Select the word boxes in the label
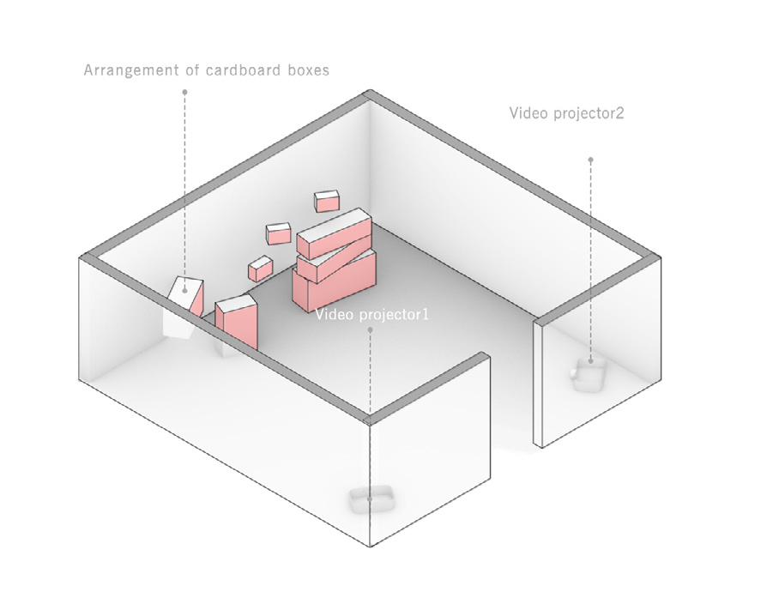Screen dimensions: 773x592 [x=308, y=70]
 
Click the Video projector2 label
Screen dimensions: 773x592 [x=566, y=113]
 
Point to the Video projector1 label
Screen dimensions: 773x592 [x=371, y=315]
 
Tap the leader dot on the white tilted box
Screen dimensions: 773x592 [x=184, y=290]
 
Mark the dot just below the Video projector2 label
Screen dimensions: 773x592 [x=590, y=159]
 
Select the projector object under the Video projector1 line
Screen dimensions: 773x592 [x=370, y=498]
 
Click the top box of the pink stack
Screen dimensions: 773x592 [x=335, y=233]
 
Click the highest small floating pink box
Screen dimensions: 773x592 [x=327, y=201]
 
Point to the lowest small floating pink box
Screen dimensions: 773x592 [x=260, y=269]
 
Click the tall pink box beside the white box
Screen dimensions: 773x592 [x=237, y=322]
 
